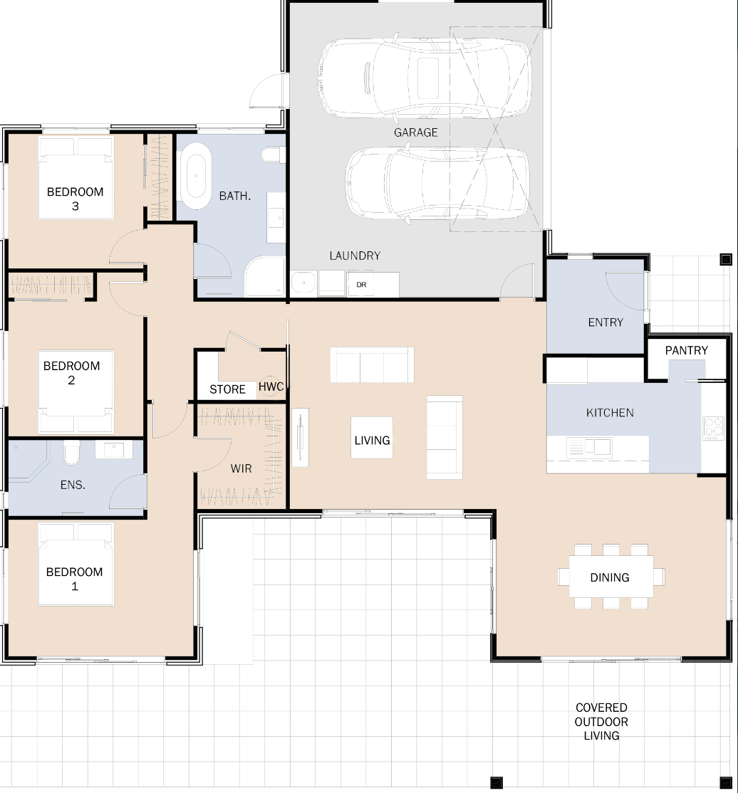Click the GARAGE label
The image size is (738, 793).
415,132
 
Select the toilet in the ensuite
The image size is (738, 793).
71,452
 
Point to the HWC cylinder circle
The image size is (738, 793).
270,387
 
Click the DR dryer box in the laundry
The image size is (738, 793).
361,284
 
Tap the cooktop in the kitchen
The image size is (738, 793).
714,427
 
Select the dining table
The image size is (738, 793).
611,577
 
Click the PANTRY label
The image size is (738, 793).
687,350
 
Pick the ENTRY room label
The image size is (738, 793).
606,322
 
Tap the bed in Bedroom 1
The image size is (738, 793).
76,564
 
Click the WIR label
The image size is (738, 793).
241,469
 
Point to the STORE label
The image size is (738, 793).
227,389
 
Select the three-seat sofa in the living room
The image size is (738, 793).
372,364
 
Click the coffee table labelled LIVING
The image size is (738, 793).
372,438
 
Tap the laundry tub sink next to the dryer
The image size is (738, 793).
303,283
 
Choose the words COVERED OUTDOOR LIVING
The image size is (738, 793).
601,722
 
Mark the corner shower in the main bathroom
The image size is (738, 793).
265,276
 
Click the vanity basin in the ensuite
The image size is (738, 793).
114,449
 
